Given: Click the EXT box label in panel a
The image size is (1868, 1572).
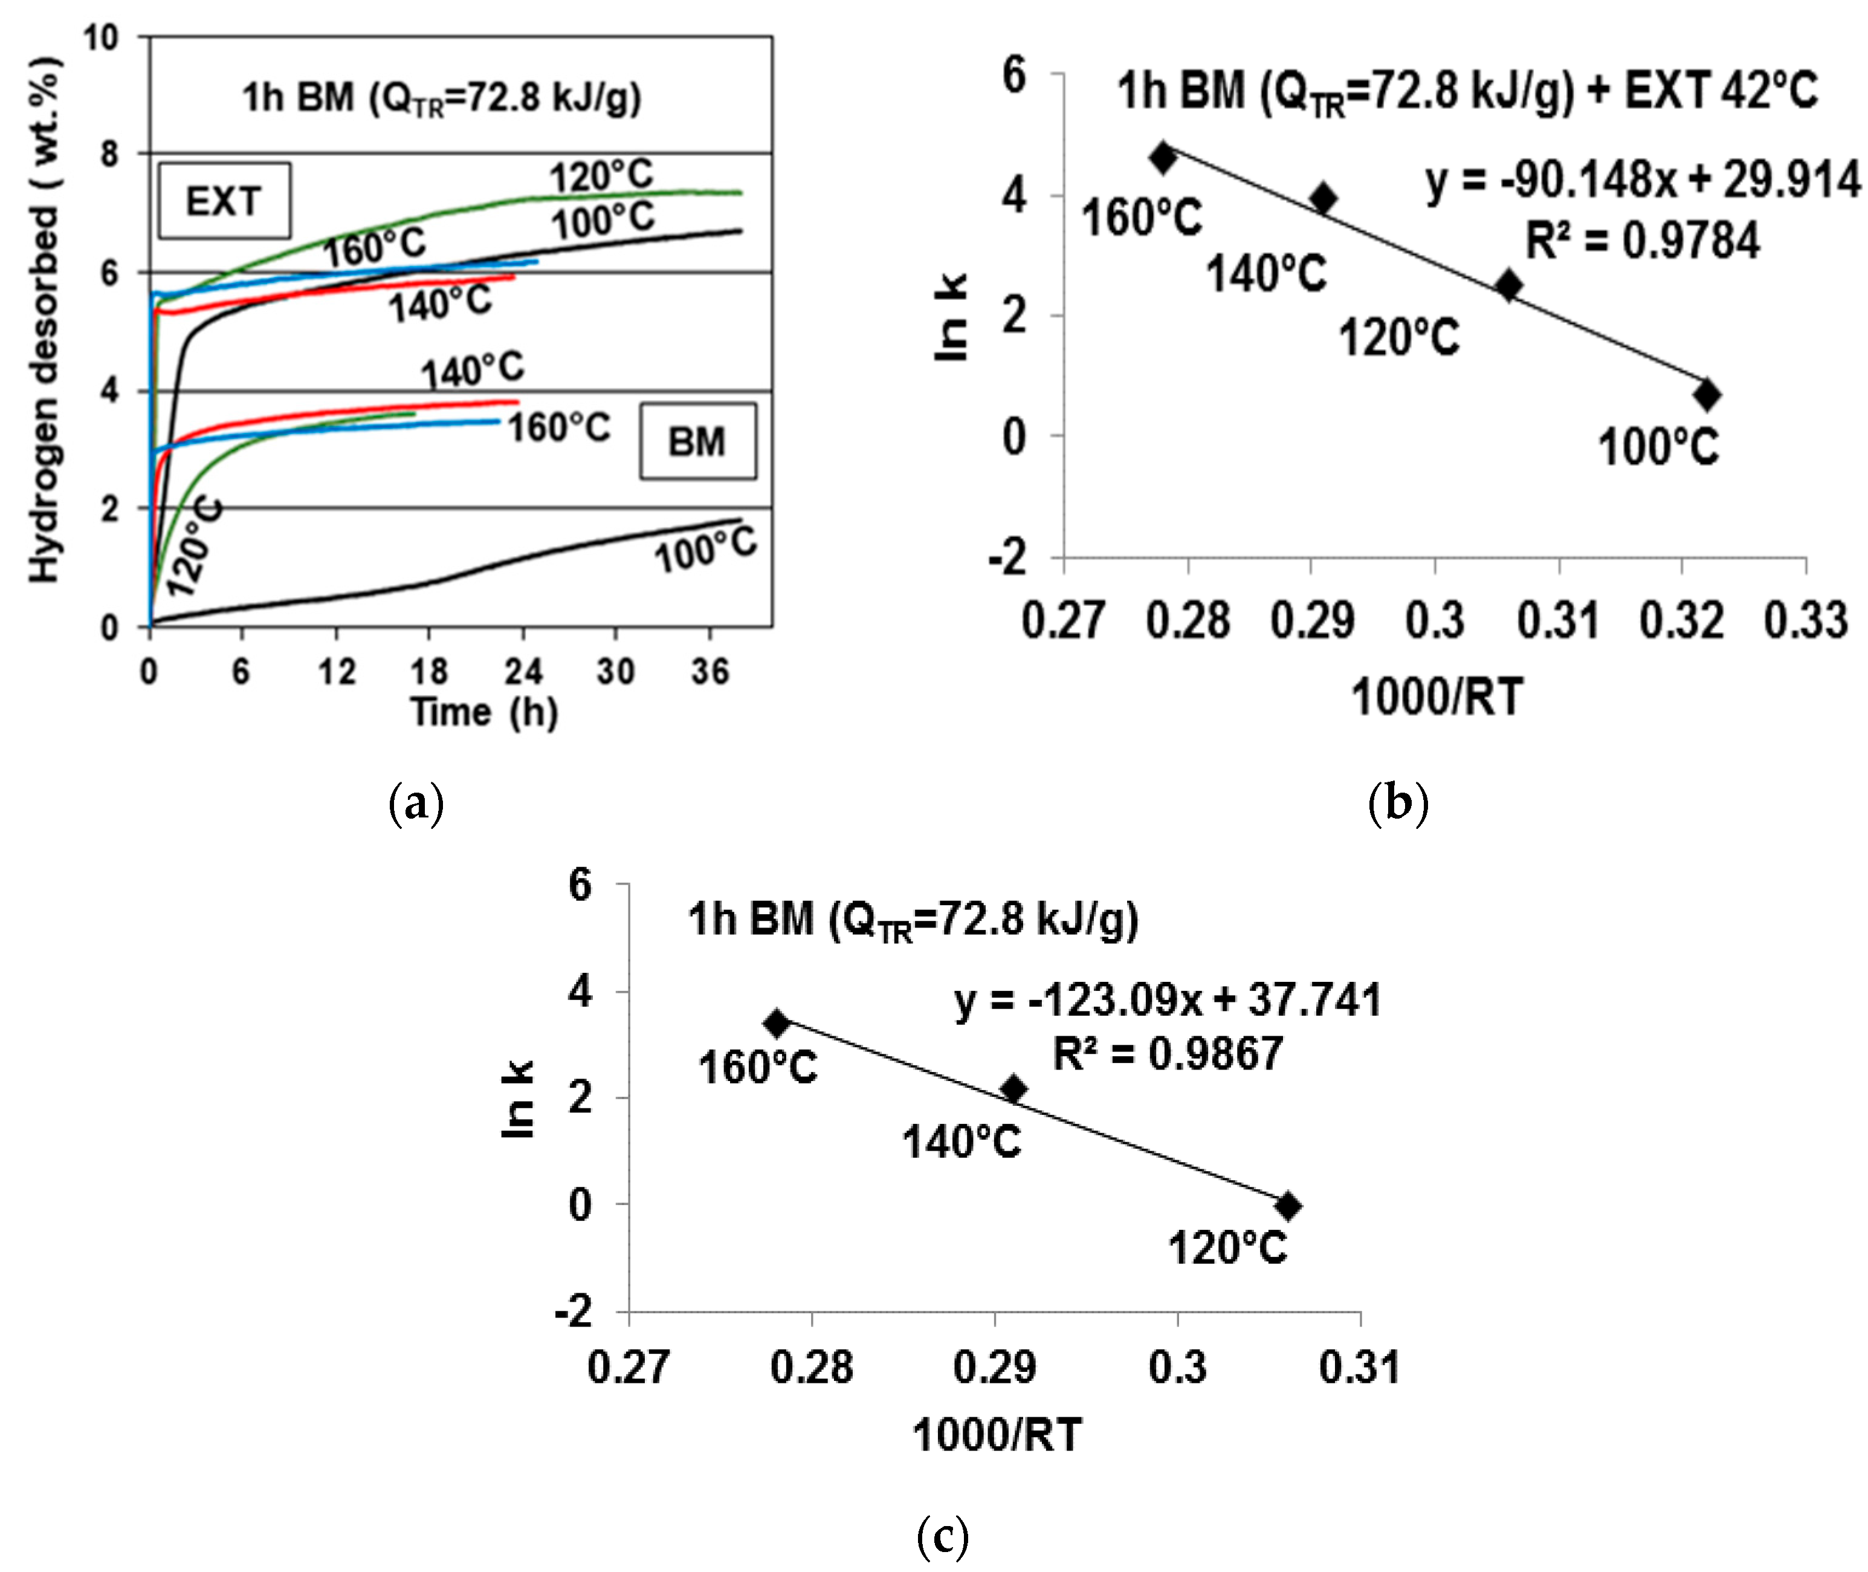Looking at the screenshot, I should pos(224,201).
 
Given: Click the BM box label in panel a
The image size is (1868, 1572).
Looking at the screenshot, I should pos(697,442).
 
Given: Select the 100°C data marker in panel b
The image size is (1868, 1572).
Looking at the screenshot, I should pos(1707,395).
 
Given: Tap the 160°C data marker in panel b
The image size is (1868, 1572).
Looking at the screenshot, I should pos(1163,158).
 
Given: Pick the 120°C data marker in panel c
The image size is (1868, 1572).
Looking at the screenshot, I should pos(1287,1207).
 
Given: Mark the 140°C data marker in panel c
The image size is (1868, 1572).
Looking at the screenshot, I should pos(1013,1089).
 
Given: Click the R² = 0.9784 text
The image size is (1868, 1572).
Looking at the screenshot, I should pos(1643,241).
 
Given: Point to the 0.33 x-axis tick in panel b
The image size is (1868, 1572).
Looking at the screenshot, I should pos(1806,620).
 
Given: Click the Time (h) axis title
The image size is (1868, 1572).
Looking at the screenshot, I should pos(483,712).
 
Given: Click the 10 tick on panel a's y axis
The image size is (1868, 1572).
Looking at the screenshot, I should pos(101,37).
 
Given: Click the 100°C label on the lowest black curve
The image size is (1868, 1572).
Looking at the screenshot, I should pos(705,550).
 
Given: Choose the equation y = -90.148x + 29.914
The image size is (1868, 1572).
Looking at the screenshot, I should pos(1643,180).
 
